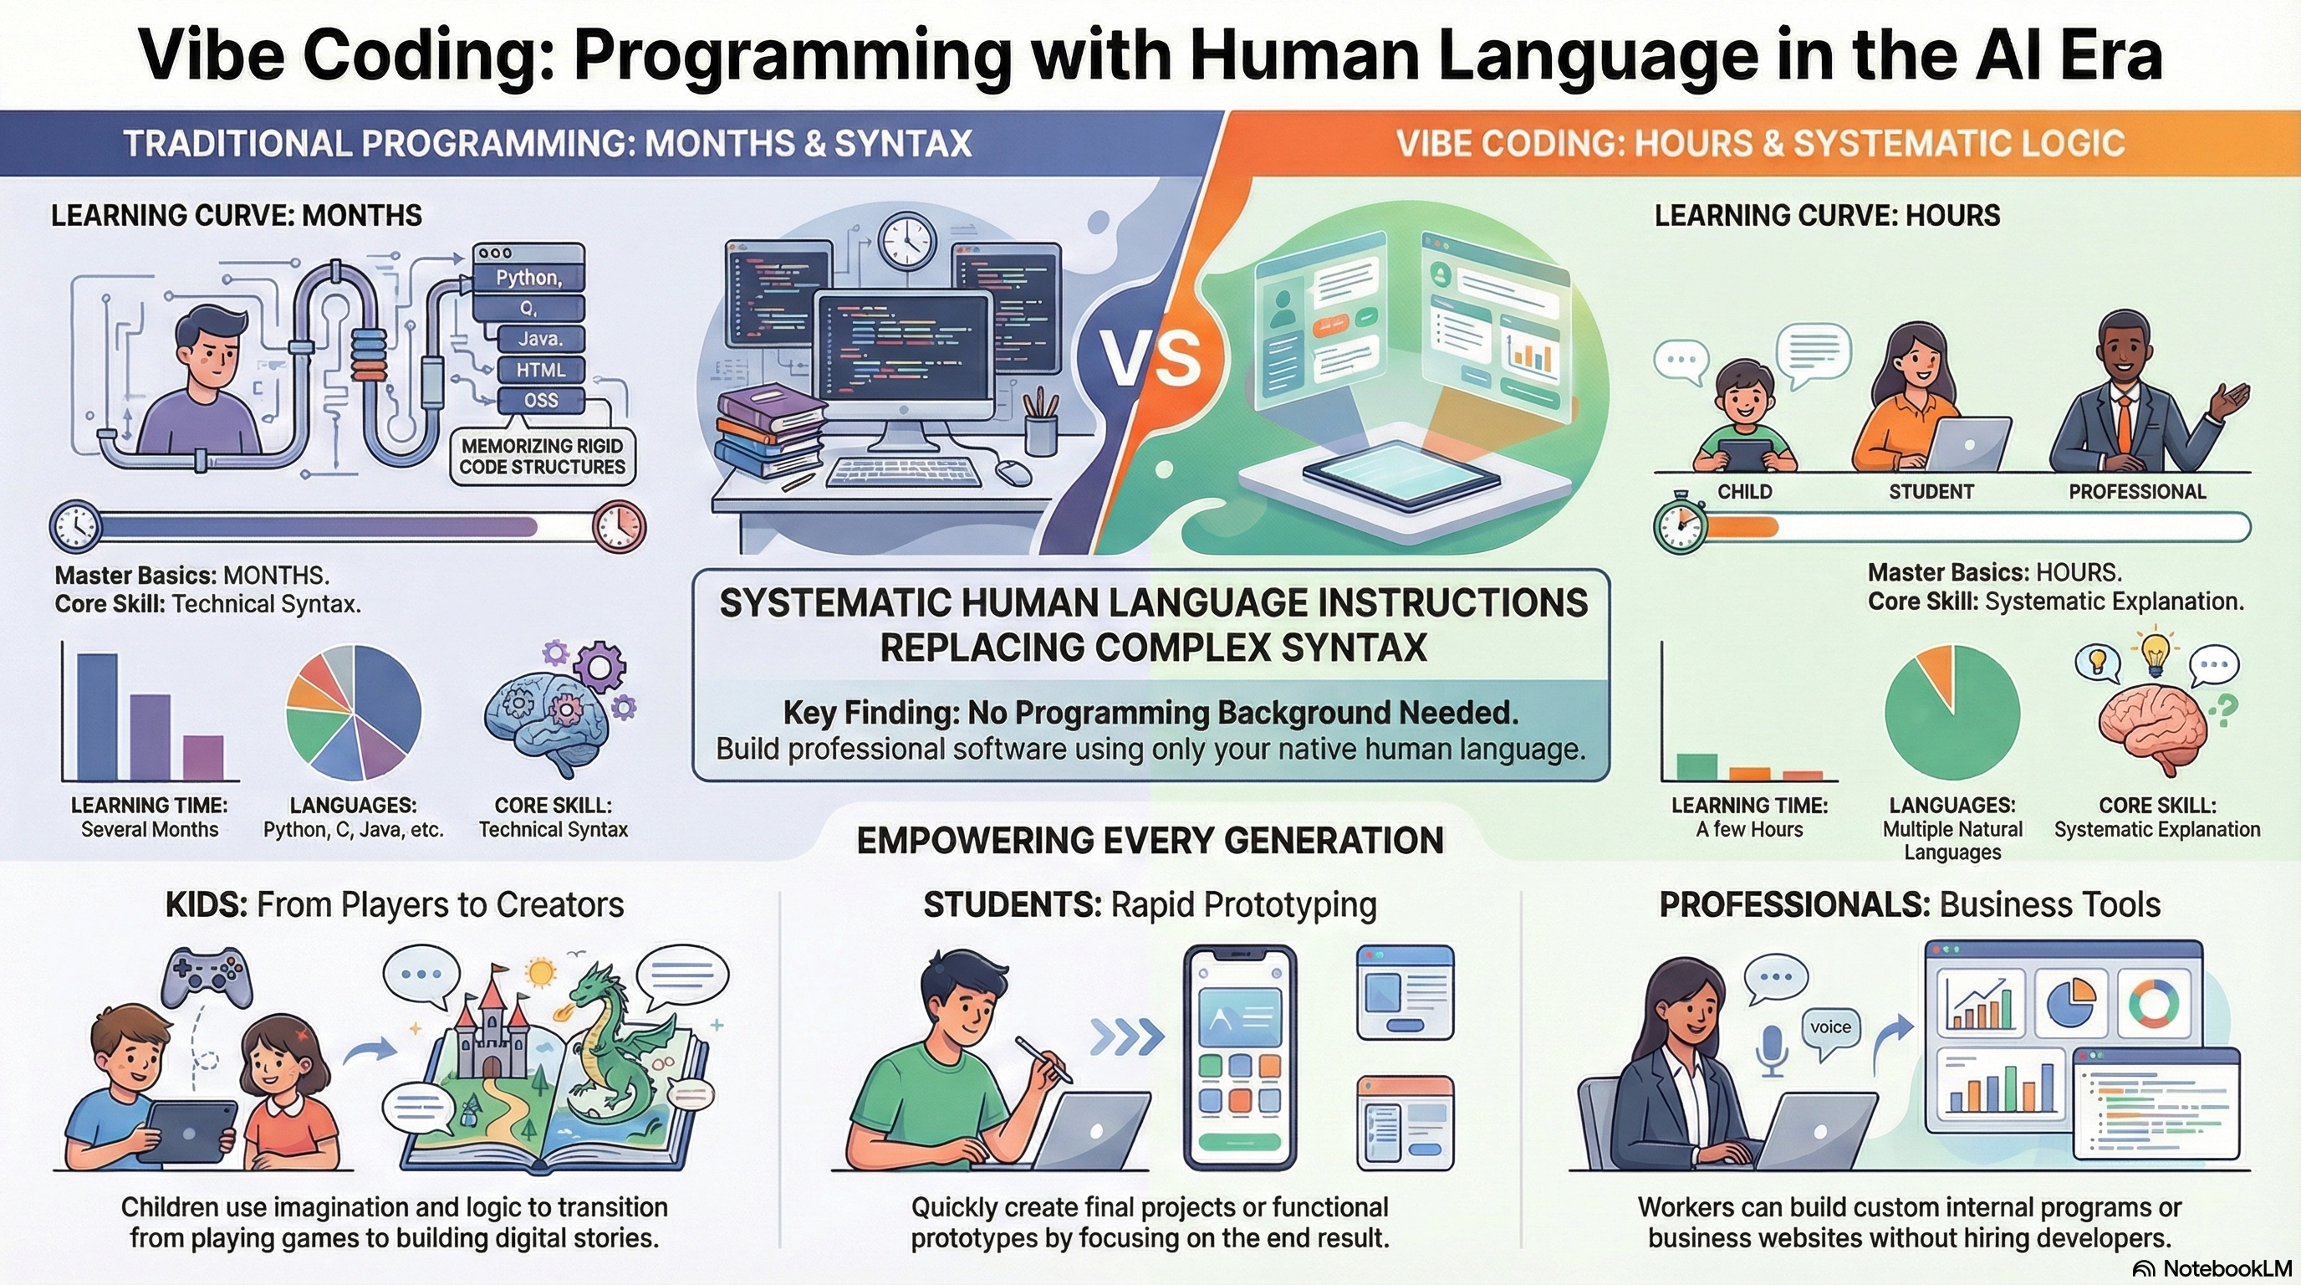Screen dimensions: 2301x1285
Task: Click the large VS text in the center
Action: coord(1149,357)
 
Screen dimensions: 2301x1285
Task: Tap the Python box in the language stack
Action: coord(528,278)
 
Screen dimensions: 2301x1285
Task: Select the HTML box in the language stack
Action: coord(540,370)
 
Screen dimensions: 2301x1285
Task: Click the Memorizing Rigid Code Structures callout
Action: coord(542,456)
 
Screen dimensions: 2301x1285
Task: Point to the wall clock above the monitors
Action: coord(906,240)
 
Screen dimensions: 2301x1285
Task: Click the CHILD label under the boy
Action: coord(1744,491)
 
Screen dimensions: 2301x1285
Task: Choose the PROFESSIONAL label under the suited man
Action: coord(2136,491)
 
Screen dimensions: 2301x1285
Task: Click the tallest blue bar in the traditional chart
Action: coord(96,717)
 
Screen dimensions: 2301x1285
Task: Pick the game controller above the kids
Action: coord(207,979)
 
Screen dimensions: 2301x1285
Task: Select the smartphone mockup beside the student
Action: coord(1239,1057)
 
